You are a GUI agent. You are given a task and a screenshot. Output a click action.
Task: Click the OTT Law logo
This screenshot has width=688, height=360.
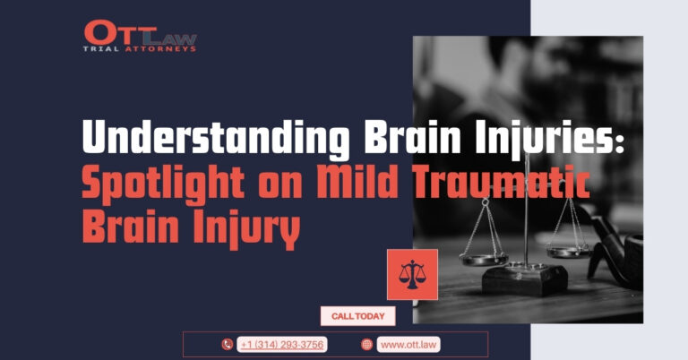(140, 36)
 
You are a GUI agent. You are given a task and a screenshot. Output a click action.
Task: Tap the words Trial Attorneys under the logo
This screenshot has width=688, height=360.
(140, 49)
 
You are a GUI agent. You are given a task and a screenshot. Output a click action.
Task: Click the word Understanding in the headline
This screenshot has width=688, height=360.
(216, 137)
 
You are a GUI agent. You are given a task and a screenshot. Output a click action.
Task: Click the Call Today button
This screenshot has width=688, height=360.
(358, 316)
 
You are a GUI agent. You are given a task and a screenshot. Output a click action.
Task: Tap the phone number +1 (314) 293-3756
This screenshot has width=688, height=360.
(282, 345)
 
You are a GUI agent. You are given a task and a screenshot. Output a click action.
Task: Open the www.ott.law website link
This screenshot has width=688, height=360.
(408, 345)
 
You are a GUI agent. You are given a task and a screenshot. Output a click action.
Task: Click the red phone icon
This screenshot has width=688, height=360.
(228, 345)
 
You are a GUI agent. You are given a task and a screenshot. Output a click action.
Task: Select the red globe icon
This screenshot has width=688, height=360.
(366, 345)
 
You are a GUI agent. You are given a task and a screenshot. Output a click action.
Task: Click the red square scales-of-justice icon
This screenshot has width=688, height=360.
(412, 275)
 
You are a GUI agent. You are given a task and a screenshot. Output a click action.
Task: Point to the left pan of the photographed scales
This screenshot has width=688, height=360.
(484, 259)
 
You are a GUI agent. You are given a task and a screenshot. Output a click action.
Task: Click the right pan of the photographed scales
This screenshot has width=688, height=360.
(569, 252)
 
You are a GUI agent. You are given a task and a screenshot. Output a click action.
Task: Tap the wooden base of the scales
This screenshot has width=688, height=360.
(525, 279)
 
